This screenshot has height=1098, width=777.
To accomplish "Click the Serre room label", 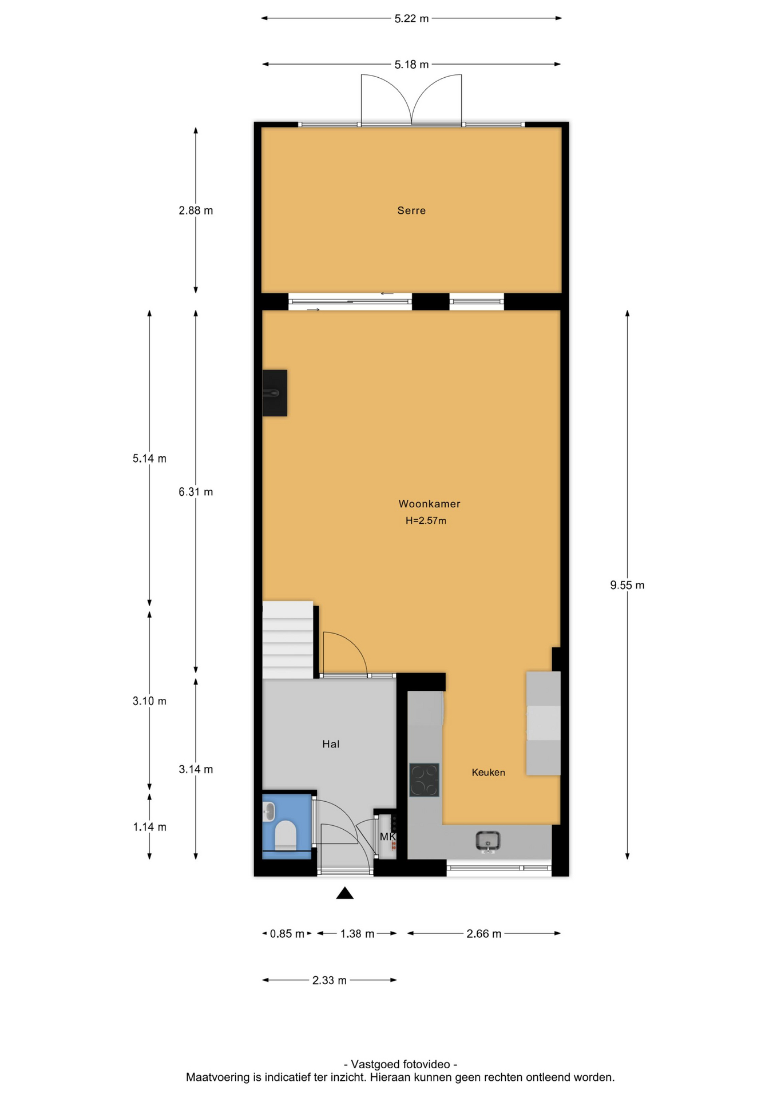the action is click(411, 210).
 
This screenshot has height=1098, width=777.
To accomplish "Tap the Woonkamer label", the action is click(429, 504).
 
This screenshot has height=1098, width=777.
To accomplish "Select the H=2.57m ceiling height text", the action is click(426, 520).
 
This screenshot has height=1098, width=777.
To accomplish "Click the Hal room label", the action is click(331, 744).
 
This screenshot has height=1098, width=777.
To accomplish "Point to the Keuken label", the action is click(488, 773).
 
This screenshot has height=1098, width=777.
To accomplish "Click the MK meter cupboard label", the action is click(387, 837).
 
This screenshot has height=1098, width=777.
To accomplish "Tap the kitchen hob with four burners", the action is click(424, 780).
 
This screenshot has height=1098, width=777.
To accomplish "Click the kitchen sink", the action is click(488, 841).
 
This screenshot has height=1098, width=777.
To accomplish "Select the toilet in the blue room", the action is click(286, 836).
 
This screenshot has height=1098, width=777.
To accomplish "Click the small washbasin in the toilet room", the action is click(269, 811).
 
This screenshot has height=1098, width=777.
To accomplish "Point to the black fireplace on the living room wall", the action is click(275, 393).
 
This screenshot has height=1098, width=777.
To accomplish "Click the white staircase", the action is click(288, 639).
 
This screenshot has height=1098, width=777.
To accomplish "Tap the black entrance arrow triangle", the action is click(344, 893).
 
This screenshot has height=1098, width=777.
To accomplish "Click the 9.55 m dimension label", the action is click(627, 585).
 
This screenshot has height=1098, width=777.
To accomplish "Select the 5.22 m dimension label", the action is click(411, 18).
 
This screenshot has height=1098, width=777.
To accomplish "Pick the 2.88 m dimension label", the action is click(196, 210).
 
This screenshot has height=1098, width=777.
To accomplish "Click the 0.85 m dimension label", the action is click(287, 934).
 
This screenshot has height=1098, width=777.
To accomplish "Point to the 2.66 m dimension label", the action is click(483, 934).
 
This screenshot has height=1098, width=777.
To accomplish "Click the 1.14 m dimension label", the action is click(149, 827).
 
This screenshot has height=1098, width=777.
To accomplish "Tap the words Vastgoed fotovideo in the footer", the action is click(400, 1064).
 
